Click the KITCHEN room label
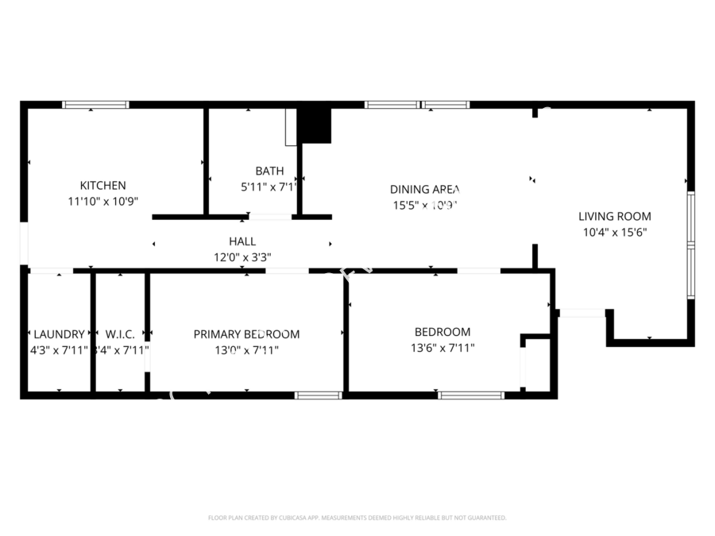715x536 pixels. [103, 186]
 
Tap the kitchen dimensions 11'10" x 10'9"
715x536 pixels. [103, 202]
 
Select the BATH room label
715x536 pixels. [269, 171]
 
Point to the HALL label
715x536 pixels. [242, 241]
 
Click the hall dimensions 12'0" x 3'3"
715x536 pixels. [242, 256]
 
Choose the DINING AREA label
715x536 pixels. [425, 189]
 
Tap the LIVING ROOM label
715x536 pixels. [614, 216]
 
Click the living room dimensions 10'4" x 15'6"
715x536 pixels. [614, 232]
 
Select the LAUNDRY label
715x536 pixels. [59, 334]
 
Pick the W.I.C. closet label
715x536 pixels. [120, 334]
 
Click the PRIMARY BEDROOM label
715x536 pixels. [246, 334]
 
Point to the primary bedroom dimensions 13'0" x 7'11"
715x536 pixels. [246, 349]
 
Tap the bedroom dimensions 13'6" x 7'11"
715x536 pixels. [443, 347]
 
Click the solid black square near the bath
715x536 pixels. [314, 125]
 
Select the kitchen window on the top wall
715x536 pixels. [95, 104]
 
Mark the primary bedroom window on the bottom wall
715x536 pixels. [318, 395]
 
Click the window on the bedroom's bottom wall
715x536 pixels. [470, 395]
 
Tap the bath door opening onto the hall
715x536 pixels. [269, 216]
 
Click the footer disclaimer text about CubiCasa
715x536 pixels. [357, 518]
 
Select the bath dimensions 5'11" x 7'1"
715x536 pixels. [269, 187]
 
